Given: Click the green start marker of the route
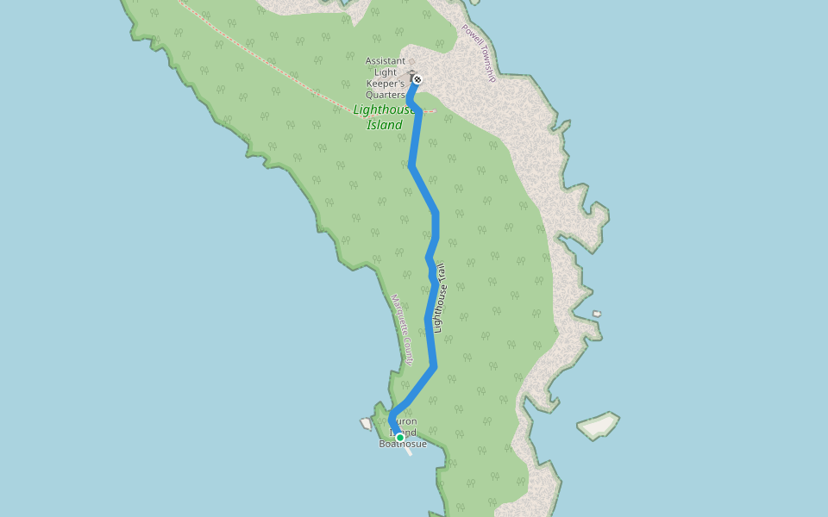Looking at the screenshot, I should (400, 438).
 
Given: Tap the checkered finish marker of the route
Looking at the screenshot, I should (417, 79).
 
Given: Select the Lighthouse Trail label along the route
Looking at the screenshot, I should (440, 298).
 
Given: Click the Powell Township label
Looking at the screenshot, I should (479, 53).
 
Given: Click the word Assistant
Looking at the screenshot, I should (385, 61).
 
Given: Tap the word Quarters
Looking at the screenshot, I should (385, 95).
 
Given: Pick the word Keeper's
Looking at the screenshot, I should (385, 84).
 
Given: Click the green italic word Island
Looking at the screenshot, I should (385, 125).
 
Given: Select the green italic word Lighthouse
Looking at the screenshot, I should (384, 109).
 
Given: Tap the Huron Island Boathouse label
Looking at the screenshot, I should (403, 433).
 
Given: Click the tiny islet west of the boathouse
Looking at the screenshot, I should (366, 424).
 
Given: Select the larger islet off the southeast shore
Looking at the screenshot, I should (599, 425).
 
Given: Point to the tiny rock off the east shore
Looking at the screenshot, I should (597, 314).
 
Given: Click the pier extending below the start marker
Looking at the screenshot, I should (409, 451).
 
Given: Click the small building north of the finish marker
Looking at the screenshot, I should (412, 72).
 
